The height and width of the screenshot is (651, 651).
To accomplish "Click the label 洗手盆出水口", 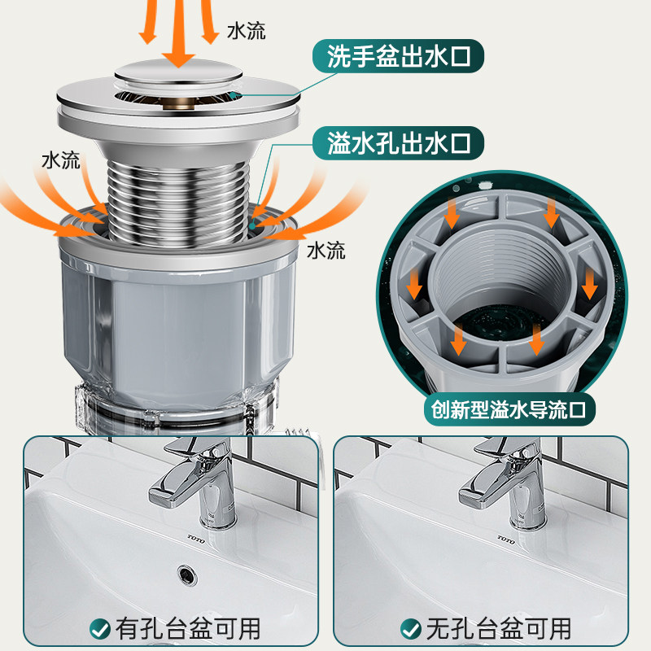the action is pyautogui.click(x=398, y=56).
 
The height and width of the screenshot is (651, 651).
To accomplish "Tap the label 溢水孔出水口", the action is pyautogui.click(x=398, y=143).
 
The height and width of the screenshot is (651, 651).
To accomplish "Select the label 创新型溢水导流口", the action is pyautogui.click(x=509, y=410).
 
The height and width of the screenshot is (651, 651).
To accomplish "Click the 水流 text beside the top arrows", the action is pyautogui.click(x=247, y=31).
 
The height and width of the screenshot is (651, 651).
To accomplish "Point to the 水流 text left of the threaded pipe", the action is pyautogui.click(x=60, y=160).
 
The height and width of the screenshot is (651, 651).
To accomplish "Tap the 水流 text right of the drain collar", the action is pyautogui.click(x=326, y=251).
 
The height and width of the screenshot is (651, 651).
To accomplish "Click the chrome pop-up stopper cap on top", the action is pyautogui.click(x=178, y=73).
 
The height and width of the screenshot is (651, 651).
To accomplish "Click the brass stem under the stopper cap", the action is pyautogui.click(x=179, y=103).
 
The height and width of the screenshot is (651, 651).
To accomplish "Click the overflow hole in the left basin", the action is pyautogui.click(x=188, y=575).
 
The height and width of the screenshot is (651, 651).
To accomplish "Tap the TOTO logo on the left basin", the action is pyautogui.click(x=196, y=540).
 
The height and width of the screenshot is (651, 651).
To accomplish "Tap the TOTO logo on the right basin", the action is pyautogui.click(x=506, y=540).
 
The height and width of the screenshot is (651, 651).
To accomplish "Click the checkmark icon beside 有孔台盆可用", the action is pyautogui.click(x=99, y=630).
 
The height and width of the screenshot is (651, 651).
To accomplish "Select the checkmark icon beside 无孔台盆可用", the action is pyautogui.click(x=411, y=630).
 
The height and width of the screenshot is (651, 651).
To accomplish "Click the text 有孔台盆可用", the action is pyautogui.click(x=188, y=629).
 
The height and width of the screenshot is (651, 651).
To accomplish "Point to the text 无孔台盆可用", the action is pyautogui.click(x=498, y=629).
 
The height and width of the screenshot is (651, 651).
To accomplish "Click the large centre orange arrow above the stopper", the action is pyautogui.click(x=178, y=33).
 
